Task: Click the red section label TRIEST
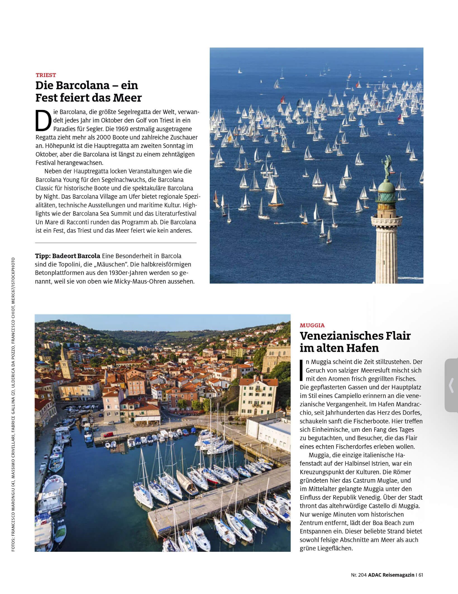(x=46, y=75)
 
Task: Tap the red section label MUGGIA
(x=312, y=325)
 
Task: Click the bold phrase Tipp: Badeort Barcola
(x=67, y=256)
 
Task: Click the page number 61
(x=421, y=575)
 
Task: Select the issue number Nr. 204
(x=359, y=575)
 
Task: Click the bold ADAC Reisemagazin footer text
(x=391, y=575)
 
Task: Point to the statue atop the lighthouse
(x=388, y=167)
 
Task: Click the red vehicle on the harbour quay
(x=108, y=435)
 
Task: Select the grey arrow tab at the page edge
(x=451, y=385)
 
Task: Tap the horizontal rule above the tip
(x=116, y=243)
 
